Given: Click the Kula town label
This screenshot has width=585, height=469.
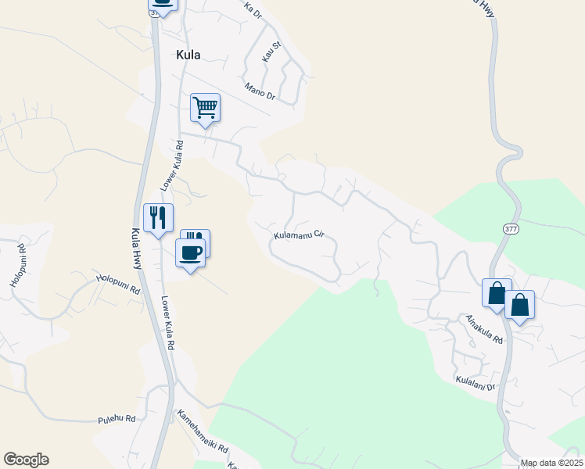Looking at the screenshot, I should (x=188, y=55).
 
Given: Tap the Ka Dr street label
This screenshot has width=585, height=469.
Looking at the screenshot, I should (x=251, y=10).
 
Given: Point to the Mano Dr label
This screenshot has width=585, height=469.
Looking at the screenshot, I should (x=260, y=91).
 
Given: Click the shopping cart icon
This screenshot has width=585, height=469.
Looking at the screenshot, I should (x=205, y=108).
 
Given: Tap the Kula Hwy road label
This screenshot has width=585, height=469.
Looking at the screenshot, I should (x=136, y=249).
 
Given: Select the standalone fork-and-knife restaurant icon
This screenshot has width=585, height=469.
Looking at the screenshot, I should (x=158, y=217).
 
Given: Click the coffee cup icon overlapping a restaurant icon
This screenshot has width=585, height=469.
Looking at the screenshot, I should (x=190, y=252).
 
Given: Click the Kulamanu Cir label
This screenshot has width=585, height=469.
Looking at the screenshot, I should (x=298, y=234).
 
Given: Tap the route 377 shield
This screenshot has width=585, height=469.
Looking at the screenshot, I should (x=510, y=228).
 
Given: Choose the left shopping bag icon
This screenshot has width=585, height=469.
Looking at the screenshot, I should (x=497, y=293).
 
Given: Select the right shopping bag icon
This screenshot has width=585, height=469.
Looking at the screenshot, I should (x=520, y=304).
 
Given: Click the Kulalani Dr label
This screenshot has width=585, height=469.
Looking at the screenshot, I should (x=476, y=382).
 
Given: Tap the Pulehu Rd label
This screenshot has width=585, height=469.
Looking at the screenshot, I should (x=117, y=420).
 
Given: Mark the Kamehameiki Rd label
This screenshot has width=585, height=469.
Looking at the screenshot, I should (x=202, y=433).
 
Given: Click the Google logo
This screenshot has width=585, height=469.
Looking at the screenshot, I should (x=26, y=460).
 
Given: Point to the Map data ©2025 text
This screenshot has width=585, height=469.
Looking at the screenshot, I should (x=551, y=463).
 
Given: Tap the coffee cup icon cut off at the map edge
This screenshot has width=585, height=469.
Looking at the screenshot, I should (x=163, y=4).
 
